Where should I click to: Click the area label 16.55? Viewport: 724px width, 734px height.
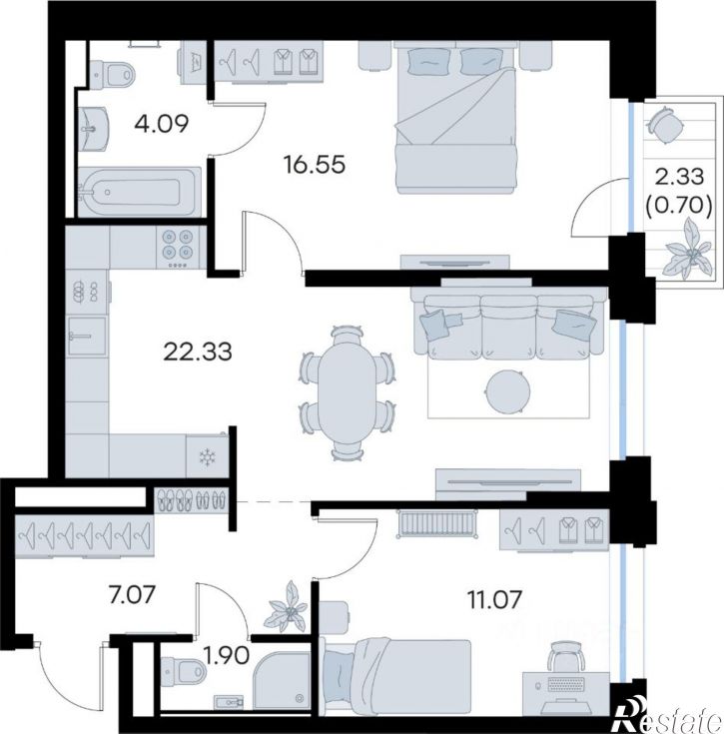click(315, 165)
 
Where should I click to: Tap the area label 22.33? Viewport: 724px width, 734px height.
click(198, 352)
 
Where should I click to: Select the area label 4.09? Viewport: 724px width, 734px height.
click(161, 124)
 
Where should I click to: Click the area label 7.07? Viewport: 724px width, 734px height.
click(132, 596)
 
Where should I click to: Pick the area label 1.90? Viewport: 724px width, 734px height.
click(227, 656)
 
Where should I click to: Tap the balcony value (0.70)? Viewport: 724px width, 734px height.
click(679, 204)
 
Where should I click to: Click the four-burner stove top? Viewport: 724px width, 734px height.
click(178, 248)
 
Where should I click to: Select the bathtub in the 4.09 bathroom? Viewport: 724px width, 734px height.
click(139, 192)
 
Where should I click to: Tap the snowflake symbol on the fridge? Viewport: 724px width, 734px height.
click(206, 457)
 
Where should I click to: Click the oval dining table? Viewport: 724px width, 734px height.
click(347, 392)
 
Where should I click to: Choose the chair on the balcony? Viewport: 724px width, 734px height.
click(664, 125)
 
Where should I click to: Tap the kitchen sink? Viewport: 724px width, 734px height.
click(87, 336)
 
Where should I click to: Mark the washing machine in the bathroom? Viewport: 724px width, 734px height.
click(193, 62)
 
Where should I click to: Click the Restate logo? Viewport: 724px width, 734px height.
click(669, 716)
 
